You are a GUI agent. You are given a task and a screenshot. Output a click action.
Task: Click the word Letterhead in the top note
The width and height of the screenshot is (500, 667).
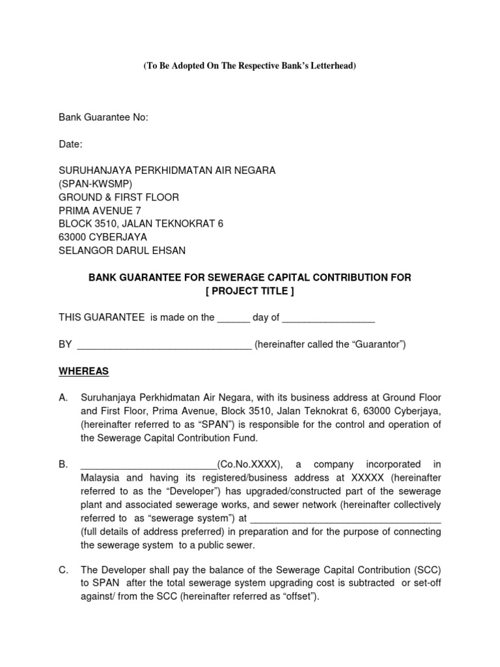coord(330,66)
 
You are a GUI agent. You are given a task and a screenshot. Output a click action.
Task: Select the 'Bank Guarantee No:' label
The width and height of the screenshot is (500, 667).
coord(104,118)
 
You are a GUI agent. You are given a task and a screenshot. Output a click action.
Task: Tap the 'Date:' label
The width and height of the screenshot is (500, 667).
coord(71,144)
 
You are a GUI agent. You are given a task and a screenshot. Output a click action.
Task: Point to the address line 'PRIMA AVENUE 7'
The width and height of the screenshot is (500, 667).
coord(100,210)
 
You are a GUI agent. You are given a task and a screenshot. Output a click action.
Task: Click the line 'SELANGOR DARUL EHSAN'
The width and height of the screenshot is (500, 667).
coord(122,251)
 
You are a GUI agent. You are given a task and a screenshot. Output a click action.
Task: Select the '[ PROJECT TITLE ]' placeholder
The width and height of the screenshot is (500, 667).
coord(250,291)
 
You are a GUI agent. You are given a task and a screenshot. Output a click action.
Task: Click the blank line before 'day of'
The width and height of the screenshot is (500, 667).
coord(233,319)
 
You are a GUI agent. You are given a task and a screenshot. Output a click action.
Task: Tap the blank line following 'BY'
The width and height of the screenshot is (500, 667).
coord(164,346)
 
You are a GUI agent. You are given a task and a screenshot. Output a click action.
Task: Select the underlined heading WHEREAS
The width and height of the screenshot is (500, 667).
coord(84,371)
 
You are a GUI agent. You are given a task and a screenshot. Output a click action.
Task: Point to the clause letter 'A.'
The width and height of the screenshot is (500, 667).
coord(64,397)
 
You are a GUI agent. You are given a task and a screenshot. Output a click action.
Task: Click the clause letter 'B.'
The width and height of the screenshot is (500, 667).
coord(64,464)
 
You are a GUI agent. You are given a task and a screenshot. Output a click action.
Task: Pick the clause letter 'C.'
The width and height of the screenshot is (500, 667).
coord(64,571)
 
